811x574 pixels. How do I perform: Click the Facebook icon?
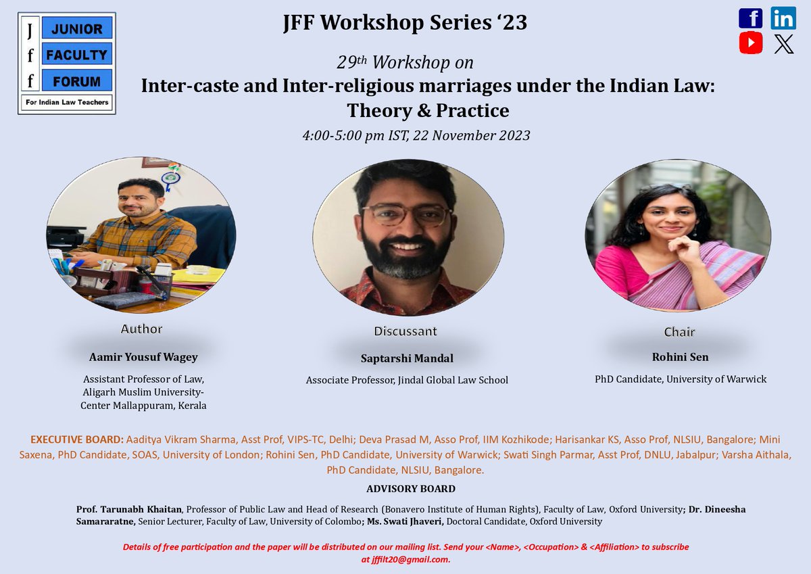point(750,19)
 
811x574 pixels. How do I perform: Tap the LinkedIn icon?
point(783,19)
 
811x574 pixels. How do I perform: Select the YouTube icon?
point(750,43)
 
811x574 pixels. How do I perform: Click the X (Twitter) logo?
point(783,43)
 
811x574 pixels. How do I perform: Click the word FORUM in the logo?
point(76,81)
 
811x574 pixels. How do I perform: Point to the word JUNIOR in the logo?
point(76,29)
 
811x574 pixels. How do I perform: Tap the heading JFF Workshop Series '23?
point(405,23)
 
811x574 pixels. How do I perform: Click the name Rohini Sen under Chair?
point(680,356)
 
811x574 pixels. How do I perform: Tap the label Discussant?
point(405,331)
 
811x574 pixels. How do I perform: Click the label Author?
point(141,329)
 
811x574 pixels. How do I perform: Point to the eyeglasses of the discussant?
point(406,215)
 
